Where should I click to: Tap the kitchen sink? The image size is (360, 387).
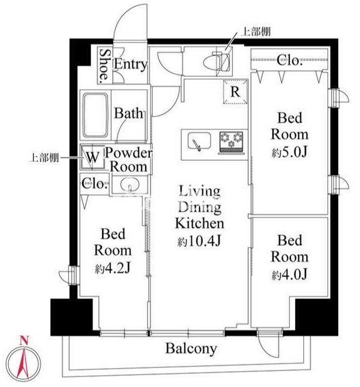(x=199, y=141)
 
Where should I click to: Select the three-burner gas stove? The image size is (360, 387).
(x=231, y=143)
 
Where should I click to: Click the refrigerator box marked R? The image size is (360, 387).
(x=235, y=92)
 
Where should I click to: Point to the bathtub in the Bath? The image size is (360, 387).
(x=95, y=115)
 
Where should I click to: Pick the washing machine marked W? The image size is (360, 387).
(x=93, y=157)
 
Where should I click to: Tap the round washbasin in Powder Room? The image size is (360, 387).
(x=130, y=184)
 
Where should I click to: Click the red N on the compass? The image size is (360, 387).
(x=24, y=340)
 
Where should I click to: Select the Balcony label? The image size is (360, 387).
(x=191, y=349)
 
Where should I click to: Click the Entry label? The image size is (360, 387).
(x=130, y=64)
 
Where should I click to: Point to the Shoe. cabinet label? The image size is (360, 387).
(x=105, y=66)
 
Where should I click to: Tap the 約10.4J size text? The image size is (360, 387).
(x=199, y=241)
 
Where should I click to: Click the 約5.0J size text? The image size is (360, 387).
(x=290, y=151)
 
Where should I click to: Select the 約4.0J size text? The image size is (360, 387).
(x=290, y=275)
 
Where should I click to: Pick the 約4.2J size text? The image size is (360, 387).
(x=113, y=268)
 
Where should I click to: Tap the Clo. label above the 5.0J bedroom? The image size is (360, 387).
(x=290, y=60)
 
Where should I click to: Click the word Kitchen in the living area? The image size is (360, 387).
(x=199, y=223)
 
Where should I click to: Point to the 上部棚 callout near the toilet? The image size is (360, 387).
(x=256, y=32)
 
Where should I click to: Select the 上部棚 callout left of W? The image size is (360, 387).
(x=44, y=157)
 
